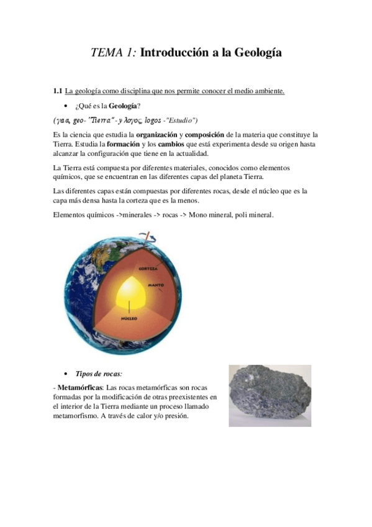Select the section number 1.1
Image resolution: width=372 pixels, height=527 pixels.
pyautogui.click(x=58, y=91)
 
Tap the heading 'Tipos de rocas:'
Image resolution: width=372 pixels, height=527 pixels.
pyautogui.click(x=99, y=373)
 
